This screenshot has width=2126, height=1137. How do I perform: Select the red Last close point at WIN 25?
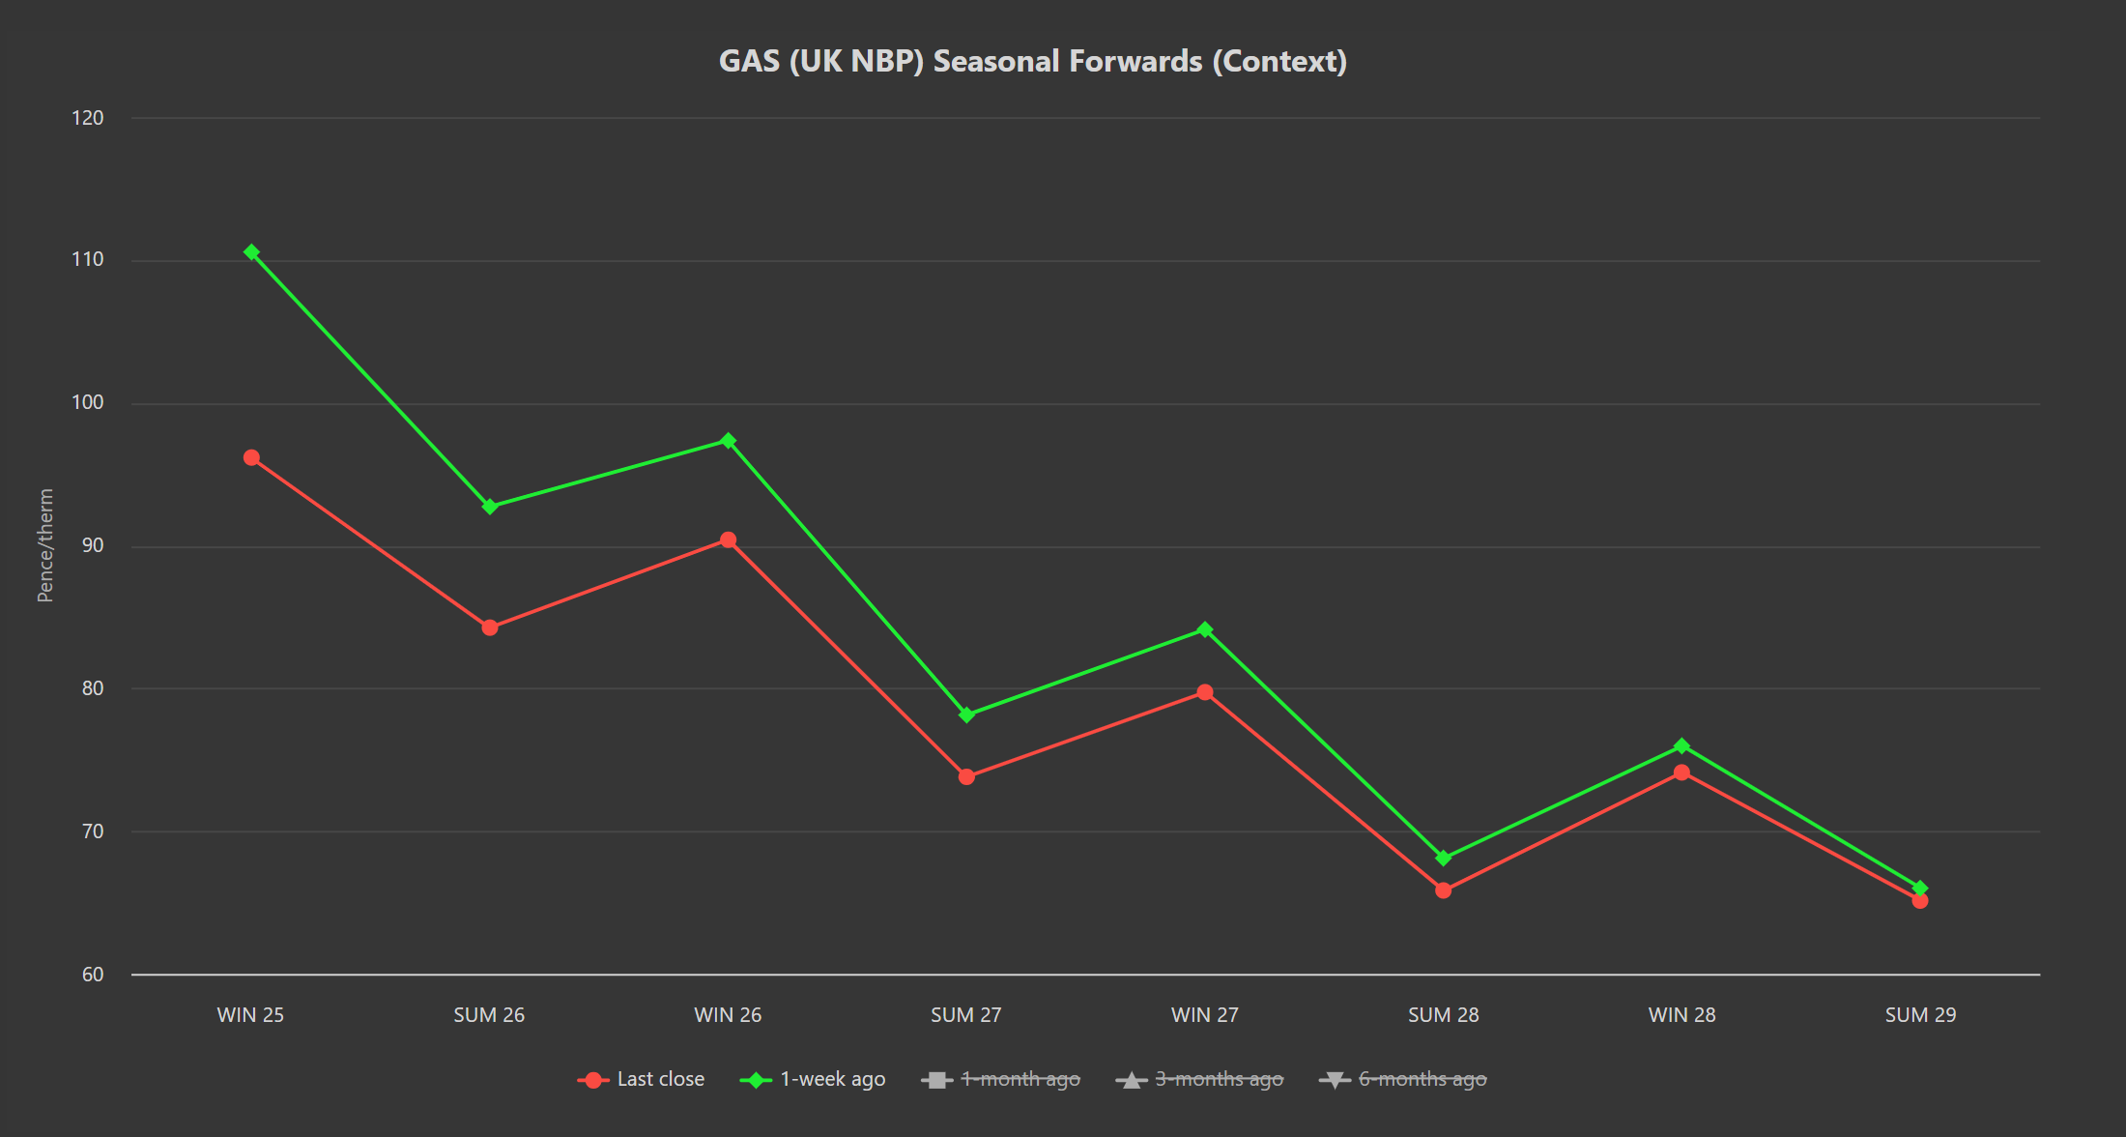click(x=251, y=457)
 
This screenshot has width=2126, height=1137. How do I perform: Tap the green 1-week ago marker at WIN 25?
click(x=251, y=252)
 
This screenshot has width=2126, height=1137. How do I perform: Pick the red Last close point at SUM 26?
click(x=490, y=627)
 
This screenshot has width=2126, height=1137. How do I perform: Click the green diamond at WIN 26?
click(x=729, y=441)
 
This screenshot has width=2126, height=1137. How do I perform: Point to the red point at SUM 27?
click(x=966, y=776)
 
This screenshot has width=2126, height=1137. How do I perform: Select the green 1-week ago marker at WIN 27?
click(x=1205, y=629)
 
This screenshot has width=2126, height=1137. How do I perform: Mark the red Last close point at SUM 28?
click(x=1444, y=890)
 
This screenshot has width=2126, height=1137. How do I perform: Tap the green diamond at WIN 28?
click(x=1681, y=745)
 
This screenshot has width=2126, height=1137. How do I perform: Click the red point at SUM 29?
click(x=1920, y=900)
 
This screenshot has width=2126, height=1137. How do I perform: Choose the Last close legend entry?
click(x=641, y=1079)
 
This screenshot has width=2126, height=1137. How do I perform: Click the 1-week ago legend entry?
click(x=812, y=1079)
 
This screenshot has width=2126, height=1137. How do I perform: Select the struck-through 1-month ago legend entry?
click(x=1000, y=1079)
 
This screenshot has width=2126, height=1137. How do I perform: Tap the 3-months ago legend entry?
click(x=1199, y=1079)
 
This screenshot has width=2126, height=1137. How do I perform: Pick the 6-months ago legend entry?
click(x=1402, y=1079)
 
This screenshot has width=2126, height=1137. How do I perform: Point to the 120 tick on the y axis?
click(x=88, y=118)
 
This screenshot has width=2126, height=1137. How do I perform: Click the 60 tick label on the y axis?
click(x=93, y=975)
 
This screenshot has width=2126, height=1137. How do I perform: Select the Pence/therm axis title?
click(x=45, y=545)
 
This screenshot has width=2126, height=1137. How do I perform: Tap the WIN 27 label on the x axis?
click(x=1205, y=1015)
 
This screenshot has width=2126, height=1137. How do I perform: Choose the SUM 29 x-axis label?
click(x=1920, y=1015)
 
